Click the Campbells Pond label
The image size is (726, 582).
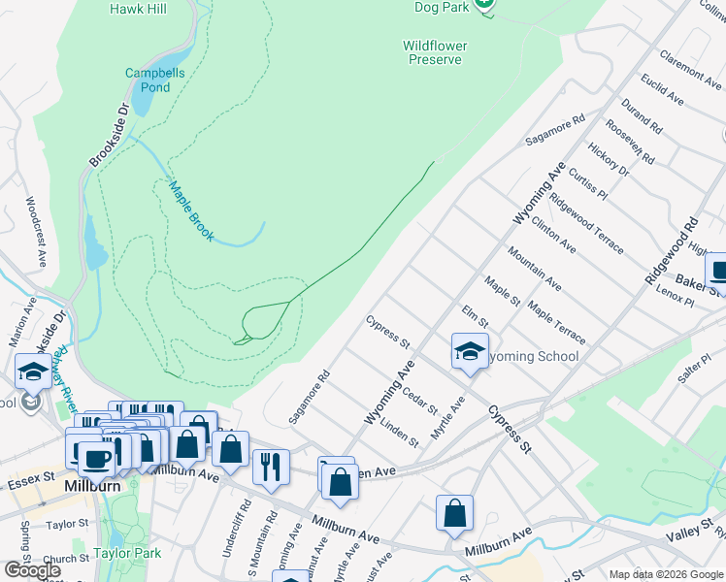[x=148, y=80]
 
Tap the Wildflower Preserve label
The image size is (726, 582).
[x=435, y=52]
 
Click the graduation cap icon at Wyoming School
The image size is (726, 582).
[x=470, y=352]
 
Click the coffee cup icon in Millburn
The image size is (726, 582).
[x=94, y=457]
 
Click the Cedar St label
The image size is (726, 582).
[x=420, y=399]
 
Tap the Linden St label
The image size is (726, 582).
[x=399, y=433]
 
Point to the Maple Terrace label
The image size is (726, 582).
[x=556, y=323]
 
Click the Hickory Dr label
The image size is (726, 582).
[x=609, y=161]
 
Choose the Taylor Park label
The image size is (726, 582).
[x=125, y=555]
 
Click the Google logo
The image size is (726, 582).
[x=32, y=569]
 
